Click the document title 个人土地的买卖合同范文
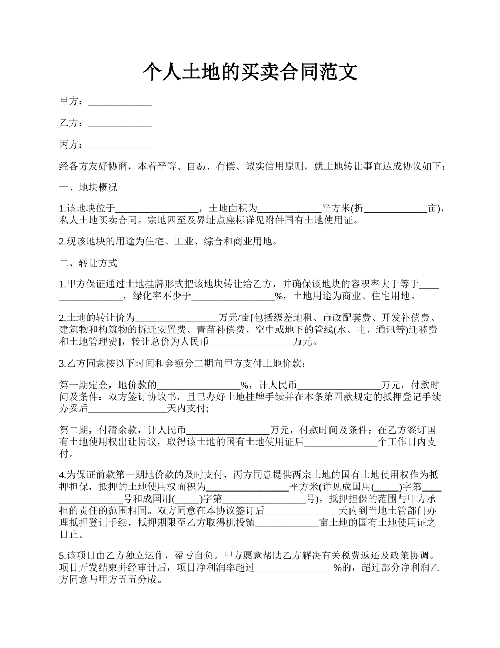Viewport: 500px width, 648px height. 250,72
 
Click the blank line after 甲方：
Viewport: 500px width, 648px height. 120,102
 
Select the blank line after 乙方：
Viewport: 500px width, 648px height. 120,123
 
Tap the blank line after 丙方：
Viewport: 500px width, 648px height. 120,145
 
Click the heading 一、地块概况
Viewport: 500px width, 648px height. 88,188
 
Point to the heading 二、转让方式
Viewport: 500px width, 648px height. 88,263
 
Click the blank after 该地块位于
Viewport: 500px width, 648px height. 156,209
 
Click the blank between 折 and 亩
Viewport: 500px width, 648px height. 396,209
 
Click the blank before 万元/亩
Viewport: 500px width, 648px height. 177,318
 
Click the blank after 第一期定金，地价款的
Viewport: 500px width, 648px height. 198,385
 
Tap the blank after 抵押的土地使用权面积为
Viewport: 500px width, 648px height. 248,486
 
